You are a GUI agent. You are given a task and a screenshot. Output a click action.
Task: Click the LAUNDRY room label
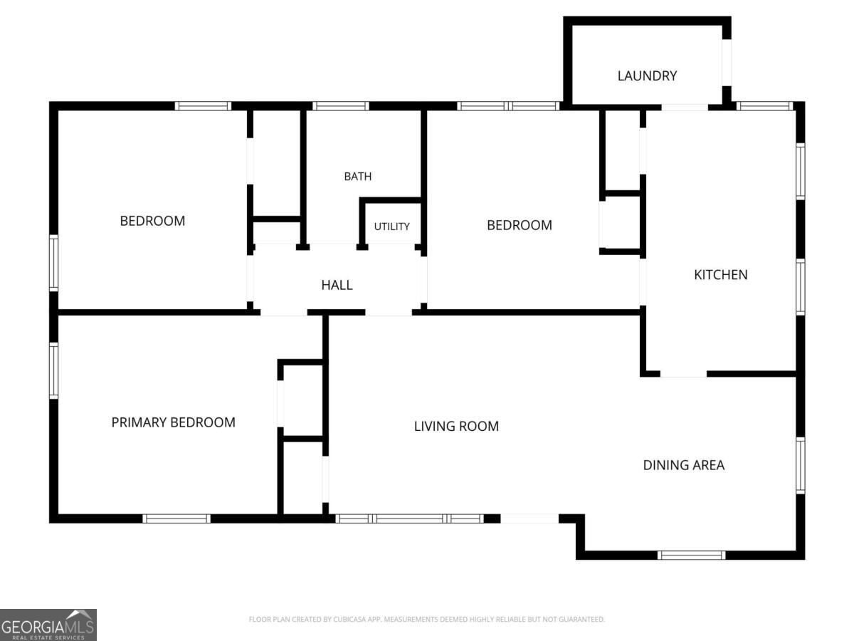pos(647,75)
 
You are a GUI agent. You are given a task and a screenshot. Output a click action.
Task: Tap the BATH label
pos(357,177)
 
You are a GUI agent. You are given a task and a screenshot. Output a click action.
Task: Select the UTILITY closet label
pos(391,226)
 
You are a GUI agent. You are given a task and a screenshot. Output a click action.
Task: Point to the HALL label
pos(337,285)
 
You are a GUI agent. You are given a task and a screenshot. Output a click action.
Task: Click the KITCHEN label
pos(720,275)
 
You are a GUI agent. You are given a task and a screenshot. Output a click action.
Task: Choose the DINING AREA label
pos(684,465)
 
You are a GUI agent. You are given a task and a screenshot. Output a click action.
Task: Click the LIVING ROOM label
pos(456,426)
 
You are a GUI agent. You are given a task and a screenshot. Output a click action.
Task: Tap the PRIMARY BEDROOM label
pos(173,422)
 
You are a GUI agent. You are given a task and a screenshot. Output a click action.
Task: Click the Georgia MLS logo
pos(48,625)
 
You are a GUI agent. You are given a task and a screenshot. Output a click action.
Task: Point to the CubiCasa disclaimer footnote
pos(426,619)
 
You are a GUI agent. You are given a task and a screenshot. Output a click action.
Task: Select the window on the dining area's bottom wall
pos(691,555)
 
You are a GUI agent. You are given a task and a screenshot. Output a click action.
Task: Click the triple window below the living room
pos(409,518)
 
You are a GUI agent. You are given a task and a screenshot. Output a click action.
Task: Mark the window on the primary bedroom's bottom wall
pos(176,518)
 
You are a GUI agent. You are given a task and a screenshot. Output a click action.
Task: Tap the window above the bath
pos(340,106)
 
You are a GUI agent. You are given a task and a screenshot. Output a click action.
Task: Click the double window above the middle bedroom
pos(508,106)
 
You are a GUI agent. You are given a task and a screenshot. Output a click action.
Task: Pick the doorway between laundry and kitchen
pos(685,108)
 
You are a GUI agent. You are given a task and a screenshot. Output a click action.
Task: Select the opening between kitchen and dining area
pos(683,374)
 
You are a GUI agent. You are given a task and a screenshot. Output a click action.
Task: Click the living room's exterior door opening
pos(529,518)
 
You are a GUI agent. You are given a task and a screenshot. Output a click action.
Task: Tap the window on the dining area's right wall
pos(801,466)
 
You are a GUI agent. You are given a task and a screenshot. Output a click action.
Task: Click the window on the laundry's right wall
pos(727,62)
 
